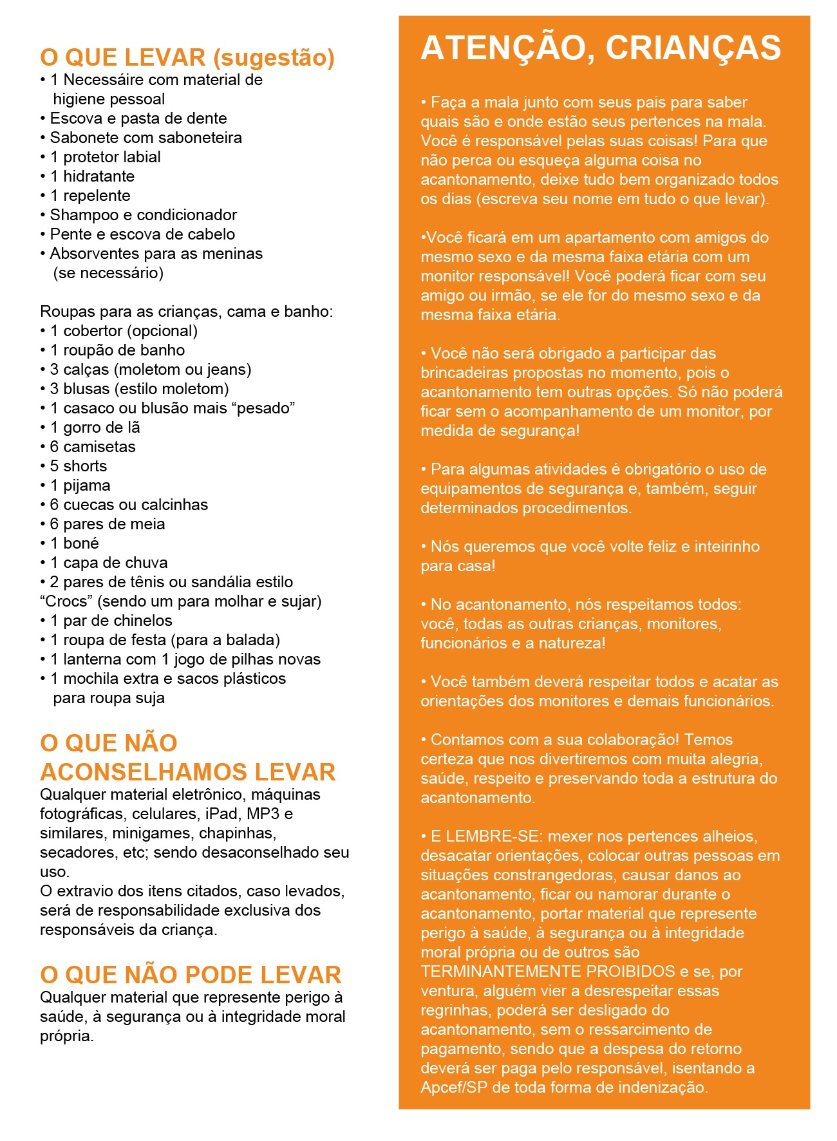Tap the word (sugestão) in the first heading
[x=274, y=58]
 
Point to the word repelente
[x=97, y=196]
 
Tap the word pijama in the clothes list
[x=86, y=486]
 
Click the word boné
[x=80, y=543]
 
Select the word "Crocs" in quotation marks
[x=66, y=601]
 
